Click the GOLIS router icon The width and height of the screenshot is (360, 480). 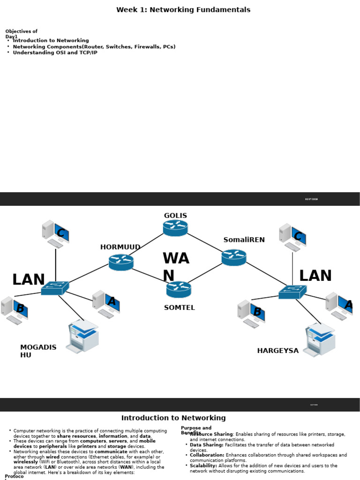point(175,228)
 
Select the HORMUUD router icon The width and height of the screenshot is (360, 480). point(121,262)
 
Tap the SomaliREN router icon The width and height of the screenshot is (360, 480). point(233,257)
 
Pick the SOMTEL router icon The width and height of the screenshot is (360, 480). point(179,289)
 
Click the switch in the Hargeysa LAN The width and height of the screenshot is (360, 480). point(292,292)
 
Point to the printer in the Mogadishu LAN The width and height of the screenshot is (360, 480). point(82,336)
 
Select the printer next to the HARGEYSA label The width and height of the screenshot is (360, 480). point(319,339)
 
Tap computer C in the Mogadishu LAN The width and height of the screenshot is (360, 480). point(56,233)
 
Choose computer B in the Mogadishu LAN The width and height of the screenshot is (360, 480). point(15,310)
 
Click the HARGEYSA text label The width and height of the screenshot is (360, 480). point(277,351)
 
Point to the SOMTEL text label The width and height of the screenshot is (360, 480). point(179,307)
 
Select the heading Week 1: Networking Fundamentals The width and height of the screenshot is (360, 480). point(183,10)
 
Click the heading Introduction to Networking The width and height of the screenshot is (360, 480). point(173,418)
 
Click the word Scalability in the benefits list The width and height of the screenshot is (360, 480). point(203,465)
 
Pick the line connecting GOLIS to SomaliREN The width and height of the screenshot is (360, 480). point(204,241)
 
